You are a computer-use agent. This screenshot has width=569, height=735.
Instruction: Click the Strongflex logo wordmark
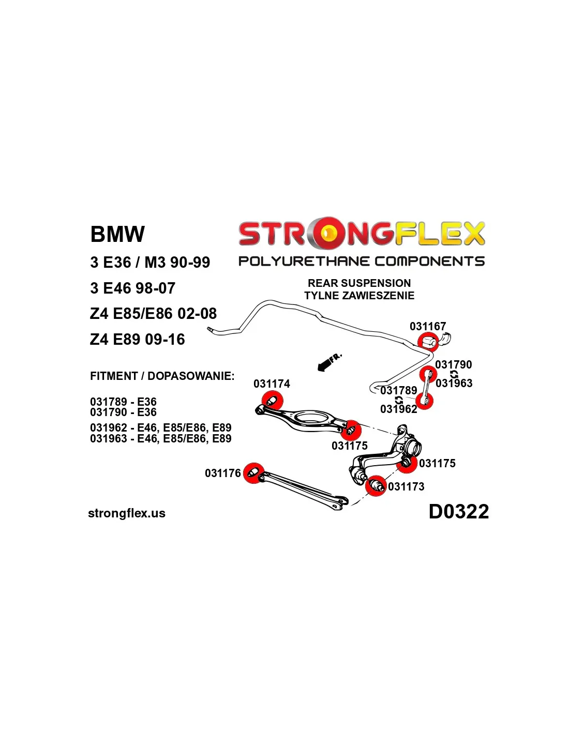tap(361, 234)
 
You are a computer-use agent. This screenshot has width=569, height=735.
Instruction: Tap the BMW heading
tap(117, 234)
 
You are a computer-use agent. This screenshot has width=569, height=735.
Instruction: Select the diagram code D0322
tap(458, 512)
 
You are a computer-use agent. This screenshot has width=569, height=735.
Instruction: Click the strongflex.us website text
tap(127, 513)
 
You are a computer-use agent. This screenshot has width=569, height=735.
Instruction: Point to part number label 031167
tap(427, 326)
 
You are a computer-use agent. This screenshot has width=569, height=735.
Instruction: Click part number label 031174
tap(272, 384)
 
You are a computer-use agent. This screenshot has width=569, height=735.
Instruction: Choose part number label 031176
tap(223, 473)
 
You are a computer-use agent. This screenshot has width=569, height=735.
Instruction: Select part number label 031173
tap(406, 486)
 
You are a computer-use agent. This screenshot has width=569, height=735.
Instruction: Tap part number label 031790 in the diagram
tap(454, 364)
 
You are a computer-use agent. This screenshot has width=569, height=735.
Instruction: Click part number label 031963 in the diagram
tap(454, 383)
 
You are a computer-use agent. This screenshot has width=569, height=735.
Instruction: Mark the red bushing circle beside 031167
tap(428, 342)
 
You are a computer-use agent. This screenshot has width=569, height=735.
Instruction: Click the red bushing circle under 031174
tap(272, 401)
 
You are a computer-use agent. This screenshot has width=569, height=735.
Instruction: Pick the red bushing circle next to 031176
tap(253, 473)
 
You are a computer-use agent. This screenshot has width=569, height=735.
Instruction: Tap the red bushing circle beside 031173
tap(376, 486)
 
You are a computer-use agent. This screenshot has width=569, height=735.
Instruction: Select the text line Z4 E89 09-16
tap(137, 340)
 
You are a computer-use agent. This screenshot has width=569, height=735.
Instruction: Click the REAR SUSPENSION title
tap(359, 283)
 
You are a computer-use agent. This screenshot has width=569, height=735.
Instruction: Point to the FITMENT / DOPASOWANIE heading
tap(162, 376)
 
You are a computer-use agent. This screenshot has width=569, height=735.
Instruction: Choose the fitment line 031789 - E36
tap(123, 402)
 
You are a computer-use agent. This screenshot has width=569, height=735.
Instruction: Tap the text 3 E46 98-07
tap(132, 288)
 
